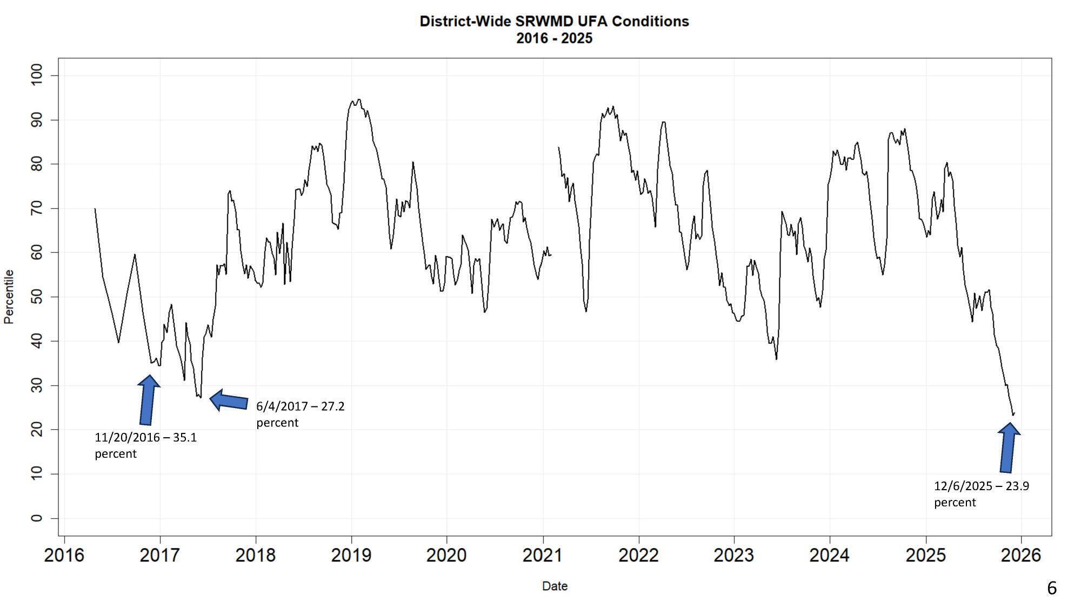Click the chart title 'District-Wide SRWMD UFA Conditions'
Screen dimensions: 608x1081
pos(554,22)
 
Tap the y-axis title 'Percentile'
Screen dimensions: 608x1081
pos(9,297)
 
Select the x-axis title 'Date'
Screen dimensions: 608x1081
pos(555,586)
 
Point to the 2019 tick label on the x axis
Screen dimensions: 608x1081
pos(351,555)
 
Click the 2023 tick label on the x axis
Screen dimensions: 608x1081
pos(734,555)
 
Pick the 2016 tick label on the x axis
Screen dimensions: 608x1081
pos(64,555)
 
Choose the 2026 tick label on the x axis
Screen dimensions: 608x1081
pos(1021,555)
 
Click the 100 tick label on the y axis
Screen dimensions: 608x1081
pos(37,76)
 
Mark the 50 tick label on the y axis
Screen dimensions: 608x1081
pos(37,297)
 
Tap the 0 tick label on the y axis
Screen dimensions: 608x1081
pos(37,518)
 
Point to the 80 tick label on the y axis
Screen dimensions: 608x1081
pos(37,164)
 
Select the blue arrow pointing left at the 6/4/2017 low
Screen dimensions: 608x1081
pos(228,400)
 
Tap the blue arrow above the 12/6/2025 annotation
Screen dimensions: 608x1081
pos(1008,447)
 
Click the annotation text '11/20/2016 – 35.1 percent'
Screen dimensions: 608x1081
pos(145,445)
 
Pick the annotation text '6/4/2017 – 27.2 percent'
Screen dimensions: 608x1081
pos(300,414)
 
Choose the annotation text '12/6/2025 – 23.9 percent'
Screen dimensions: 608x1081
pos(981,494)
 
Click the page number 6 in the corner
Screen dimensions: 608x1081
pos(1051,588)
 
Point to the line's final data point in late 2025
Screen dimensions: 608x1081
pos(1014,413)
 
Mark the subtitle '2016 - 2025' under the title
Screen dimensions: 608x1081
pos(554,38)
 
